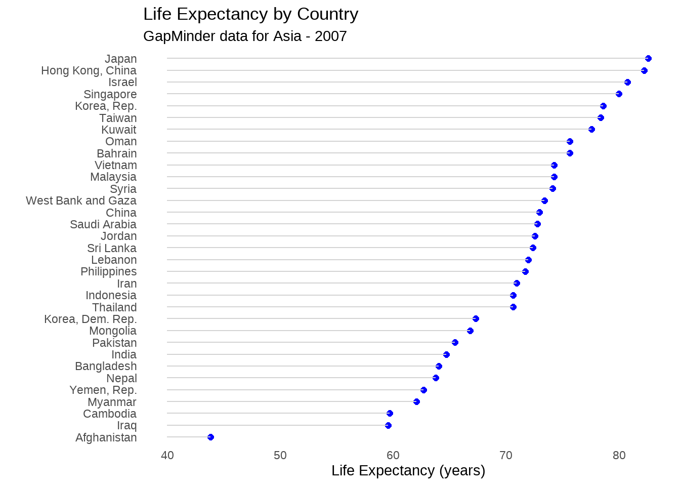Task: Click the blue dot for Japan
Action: pyautogui.click(x=648, y=59)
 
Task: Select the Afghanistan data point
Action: pyautogui.click(x=210, y=437)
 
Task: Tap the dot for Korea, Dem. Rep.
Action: pyautogui.click(x=476, y=318)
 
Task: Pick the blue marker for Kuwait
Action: pyautogui.click(x=591, y=130)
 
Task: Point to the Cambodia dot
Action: pyautogui.click(x=390, y=414)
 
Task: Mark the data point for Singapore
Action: pyautogui.click(x=619, y=94)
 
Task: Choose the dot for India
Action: pyautogui.click(x=446, y=354)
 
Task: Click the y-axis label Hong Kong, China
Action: pyautogui.click(x=89, y=70)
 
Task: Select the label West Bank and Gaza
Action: pyautogui.click(x=81, y=200)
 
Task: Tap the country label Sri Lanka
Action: pyautogui.click(x=112, y=248)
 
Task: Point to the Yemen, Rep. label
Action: pyautogui.click(x=103, y=390)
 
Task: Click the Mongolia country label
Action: pyautogui.click(x=113, y=331)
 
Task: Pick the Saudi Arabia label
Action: pyautogui.click(x=103, y=224)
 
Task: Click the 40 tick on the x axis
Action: pyautogui.click(x=167, y=455)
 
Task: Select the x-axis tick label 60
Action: pyautogui.click(x=393, y=455)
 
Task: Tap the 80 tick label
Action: pyautogui.click(x=619, y=455)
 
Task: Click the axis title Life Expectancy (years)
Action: pyautogui.click(x=408, y=471)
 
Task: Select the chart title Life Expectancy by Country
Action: pyautogui.click(x=251, y=14)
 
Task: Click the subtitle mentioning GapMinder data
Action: pyautogui.click(x=245, y=36)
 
